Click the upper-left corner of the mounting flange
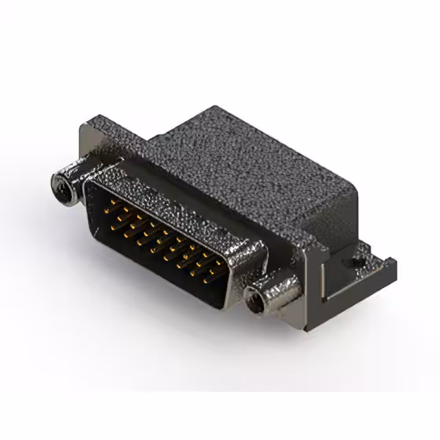(x=84, y=125)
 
